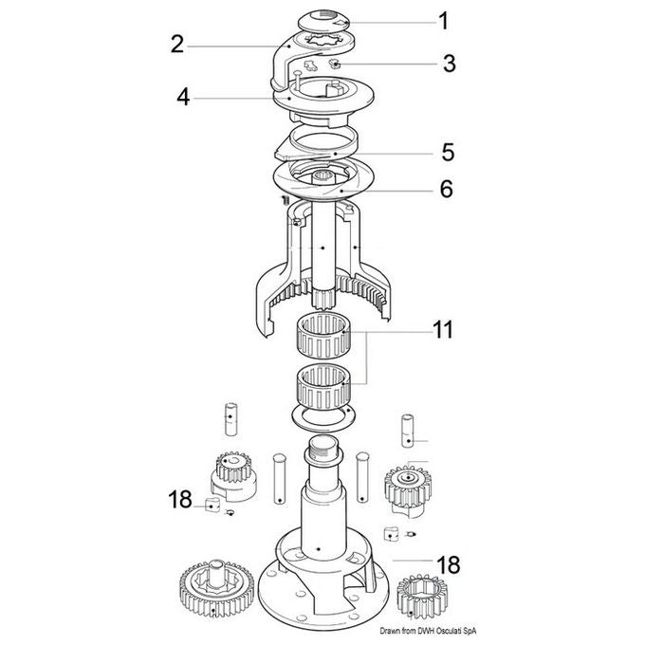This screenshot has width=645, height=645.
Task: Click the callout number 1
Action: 443,21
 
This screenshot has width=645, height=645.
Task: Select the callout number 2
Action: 177,45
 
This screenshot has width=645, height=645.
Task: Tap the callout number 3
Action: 450,64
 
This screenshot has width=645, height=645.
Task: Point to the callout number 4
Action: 183,98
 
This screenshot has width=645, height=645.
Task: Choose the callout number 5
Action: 448,152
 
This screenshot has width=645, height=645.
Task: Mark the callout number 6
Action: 447,189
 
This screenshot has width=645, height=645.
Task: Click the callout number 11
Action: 443,330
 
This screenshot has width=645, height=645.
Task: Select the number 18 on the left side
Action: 180,499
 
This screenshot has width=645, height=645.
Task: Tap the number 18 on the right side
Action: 449,564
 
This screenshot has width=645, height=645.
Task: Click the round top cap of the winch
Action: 324,21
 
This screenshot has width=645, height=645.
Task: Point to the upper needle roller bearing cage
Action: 323,335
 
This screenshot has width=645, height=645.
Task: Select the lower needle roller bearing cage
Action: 323,387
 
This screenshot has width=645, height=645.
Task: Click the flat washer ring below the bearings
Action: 323,416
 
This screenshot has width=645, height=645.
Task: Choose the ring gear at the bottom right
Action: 422,596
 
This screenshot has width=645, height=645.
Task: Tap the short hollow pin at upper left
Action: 230,418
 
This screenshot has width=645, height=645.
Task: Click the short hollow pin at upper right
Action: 407,431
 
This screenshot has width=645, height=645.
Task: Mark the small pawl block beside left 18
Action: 212,505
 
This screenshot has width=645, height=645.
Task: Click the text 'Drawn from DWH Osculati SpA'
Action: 428,631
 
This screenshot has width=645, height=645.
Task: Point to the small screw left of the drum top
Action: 285,200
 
